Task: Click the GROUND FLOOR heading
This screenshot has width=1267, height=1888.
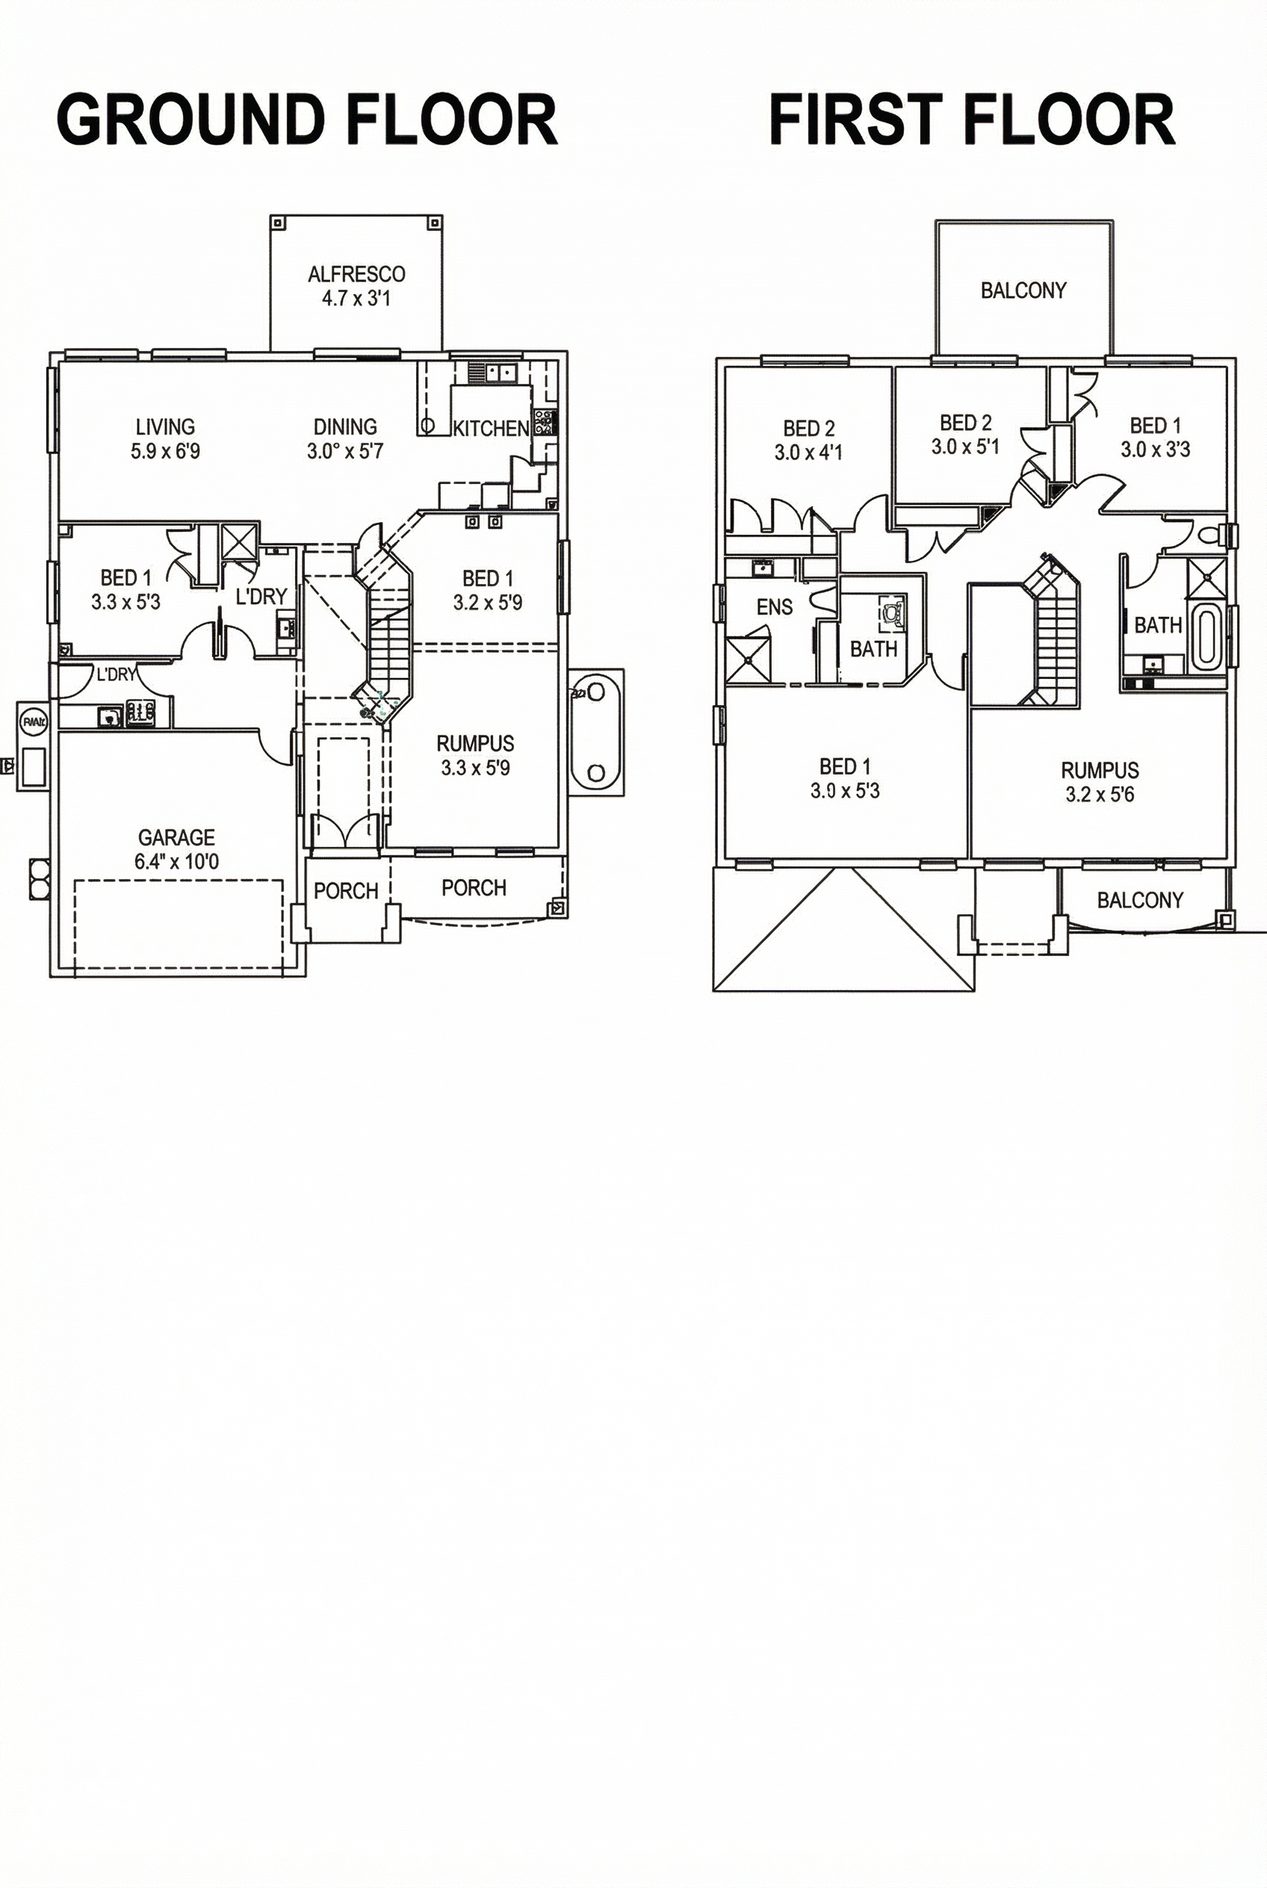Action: (307, 119)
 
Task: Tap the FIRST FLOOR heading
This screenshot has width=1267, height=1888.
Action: (972, 119)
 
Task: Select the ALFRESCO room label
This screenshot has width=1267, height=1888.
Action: (356, 274)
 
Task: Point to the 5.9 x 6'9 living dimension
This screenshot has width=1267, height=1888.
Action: (166, 451)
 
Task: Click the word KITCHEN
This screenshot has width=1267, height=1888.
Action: (491, 428)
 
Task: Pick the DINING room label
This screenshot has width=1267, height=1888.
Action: (345, 426)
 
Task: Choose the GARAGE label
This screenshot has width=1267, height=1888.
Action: (176, 837)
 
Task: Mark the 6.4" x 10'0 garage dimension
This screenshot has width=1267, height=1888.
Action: (176, 861)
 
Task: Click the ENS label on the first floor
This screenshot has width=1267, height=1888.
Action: (774, 606)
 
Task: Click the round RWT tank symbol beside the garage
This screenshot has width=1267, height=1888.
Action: (32, 722)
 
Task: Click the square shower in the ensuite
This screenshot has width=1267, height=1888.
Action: (749, 660)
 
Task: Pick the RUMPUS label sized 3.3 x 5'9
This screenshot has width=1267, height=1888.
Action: (475, 743)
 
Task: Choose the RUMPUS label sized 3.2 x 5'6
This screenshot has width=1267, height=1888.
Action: (1100, 770)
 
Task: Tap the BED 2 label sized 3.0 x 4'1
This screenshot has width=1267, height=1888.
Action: (809, 428)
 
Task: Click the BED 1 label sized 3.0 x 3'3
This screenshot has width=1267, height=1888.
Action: (1156, 425)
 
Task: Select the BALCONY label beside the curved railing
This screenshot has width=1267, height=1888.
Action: (1139, 900)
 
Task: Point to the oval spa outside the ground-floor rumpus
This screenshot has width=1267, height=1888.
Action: (596, 732)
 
